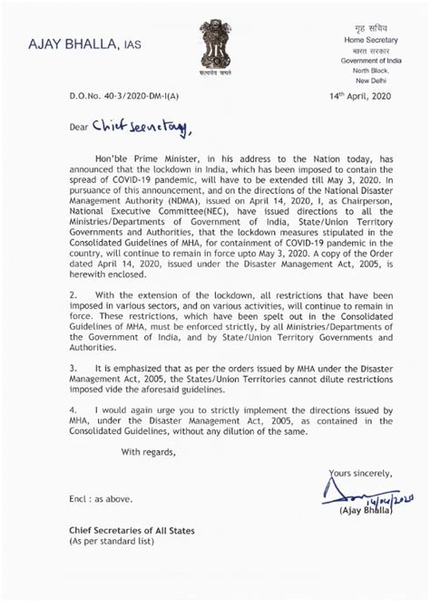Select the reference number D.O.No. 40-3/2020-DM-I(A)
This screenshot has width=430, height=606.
[x=112, y=95]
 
